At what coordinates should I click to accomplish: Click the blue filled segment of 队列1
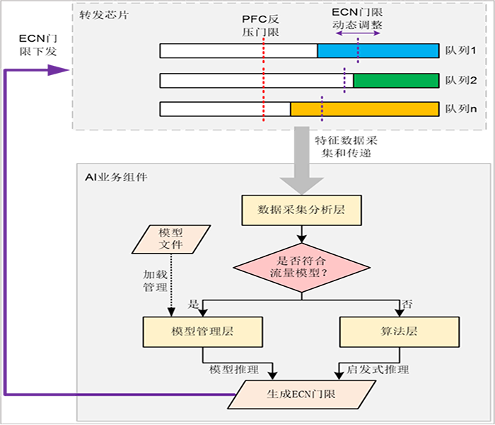click(x=378, y=50)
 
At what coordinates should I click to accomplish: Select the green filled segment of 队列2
click(x=396, y=80)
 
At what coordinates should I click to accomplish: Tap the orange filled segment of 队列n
click(x=364, y=108)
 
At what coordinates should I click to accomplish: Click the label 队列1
click(x=461, y=51)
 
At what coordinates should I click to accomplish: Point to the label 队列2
click(x=461, y=80)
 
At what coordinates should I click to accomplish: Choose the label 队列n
click(x=461, y=109)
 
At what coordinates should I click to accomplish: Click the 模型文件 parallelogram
click(x=171, y=238)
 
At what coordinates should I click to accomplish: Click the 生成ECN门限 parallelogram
click(x=301, y=395)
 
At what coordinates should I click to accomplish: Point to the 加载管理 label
click(x=155, y=281)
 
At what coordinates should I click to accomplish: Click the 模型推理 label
click(x=234, y=369)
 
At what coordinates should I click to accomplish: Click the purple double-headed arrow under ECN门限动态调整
click(x=358, y=33)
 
